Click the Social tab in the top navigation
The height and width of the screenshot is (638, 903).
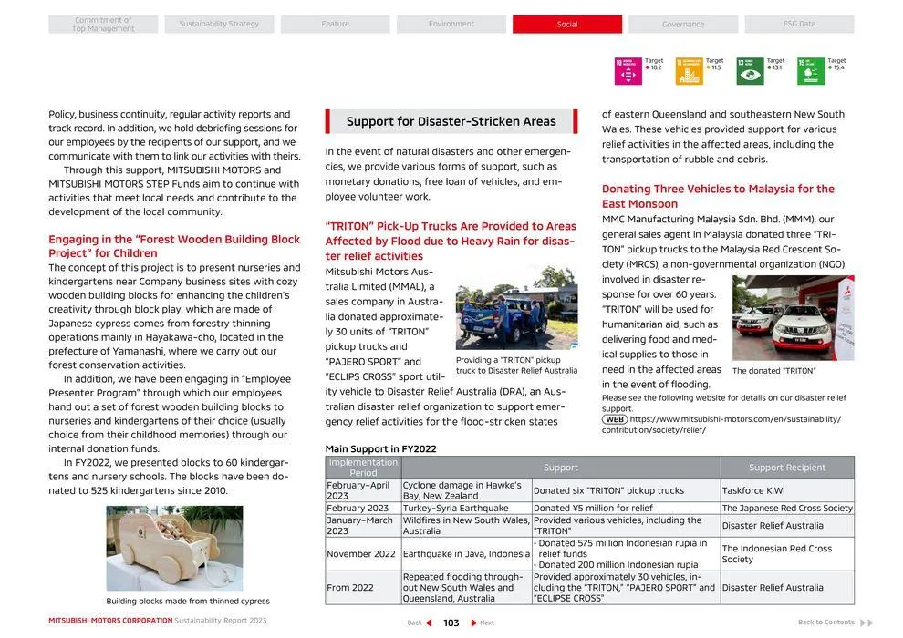click(566, 25)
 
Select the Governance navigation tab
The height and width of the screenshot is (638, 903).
click(682, 25)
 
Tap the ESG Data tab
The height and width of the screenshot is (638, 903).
click(799, 25)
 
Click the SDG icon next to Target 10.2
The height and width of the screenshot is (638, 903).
click(628, 71)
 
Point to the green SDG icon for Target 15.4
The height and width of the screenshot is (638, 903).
click(810, 71)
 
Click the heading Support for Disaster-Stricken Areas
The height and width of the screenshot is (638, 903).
click(451, 121)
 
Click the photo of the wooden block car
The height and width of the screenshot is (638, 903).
click(174, 549)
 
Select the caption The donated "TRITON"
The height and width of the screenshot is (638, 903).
click(773, 371)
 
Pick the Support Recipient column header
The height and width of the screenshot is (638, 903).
click(786, 468)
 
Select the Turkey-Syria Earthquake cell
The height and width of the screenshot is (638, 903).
click(455, 509)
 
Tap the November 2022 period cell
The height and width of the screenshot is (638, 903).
click(361, 554)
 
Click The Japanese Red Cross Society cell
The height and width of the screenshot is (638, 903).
click(786, 509)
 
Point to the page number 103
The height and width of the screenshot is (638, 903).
click(451, 623)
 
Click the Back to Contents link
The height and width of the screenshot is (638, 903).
click(826, 623)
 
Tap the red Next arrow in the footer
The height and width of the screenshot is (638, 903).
click(474, 623)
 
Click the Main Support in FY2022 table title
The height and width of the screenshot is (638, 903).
click(380, 449)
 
